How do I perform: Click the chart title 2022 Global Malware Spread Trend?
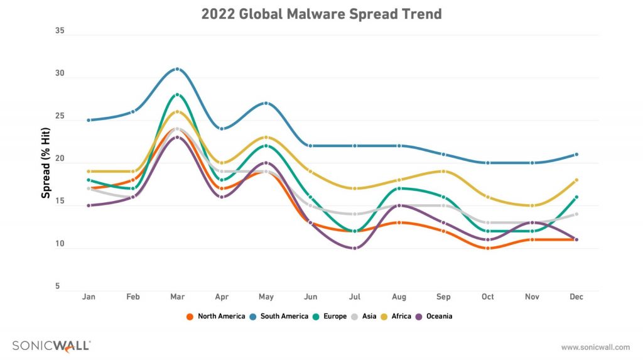tap(321, 14)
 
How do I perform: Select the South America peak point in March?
tap(178, 69)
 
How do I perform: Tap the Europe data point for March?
tap(178, 95)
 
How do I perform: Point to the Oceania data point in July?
tap(355, 248)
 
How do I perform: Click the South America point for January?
tap(89, 120)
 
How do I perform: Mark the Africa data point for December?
tap(576, 180)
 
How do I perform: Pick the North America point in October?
tap(487, 248)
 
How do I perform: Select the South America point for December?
tap(576, 155)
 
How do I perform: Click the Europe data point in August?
tap(399, 188)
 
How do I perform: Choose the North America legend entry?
tap(216, 316)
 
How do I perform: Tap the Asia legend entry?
tap(364, 316)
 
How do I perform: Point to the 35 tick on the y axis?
tap(60, 30)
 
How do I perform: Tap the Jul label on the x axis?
tap(355, 297)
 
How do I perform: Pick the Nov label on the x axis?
tap(532, 297)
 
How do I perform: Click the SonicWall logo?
tap(51, 346)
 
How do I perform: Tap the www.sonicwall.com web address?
tap(595, 347)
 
